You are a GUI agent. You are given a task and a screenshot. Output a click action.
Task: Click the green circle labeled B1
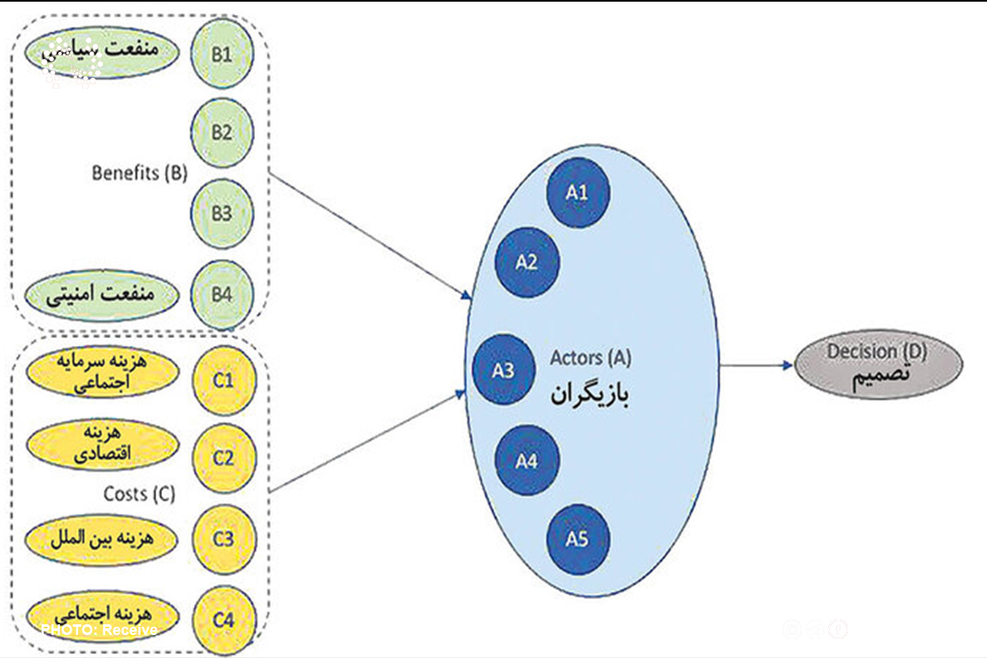point(222,56)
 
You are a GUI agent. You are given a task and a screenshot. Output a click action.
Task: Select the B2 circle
point(222,133)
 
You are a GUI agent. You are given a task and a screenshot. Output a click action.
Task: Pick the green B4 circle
point(222,294)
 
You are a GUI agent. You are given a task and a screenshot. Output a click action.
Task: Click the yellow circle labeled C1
point(224,380)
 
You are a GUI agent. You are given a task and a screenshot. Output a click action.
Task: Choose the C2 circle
point(224,458)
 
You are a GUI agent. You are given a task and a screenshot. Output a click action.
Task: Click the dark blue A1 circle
point(577,192)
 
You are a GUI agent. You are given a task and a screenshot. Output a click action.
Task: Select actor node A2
point(527,262)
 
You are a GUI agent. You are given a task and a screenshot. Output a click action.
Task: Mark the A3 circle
point(503,370)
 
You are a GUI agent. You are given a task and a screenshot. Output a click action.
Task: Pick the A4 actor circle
point(527,461)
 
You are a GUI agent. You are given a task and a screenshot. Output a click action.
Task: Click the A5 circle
point(577,540)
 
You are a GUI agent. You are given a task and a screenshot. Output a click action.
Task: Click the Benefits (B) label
point(140,174)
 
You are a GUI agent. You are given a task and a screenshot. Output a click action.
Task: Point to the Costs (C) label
point(139,494)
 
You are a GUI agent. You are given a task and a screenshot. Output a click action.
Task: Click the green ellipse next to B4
point(103,293)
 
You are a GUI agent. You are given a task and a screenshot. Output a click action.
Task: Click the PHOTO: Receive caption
point(99,630)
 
